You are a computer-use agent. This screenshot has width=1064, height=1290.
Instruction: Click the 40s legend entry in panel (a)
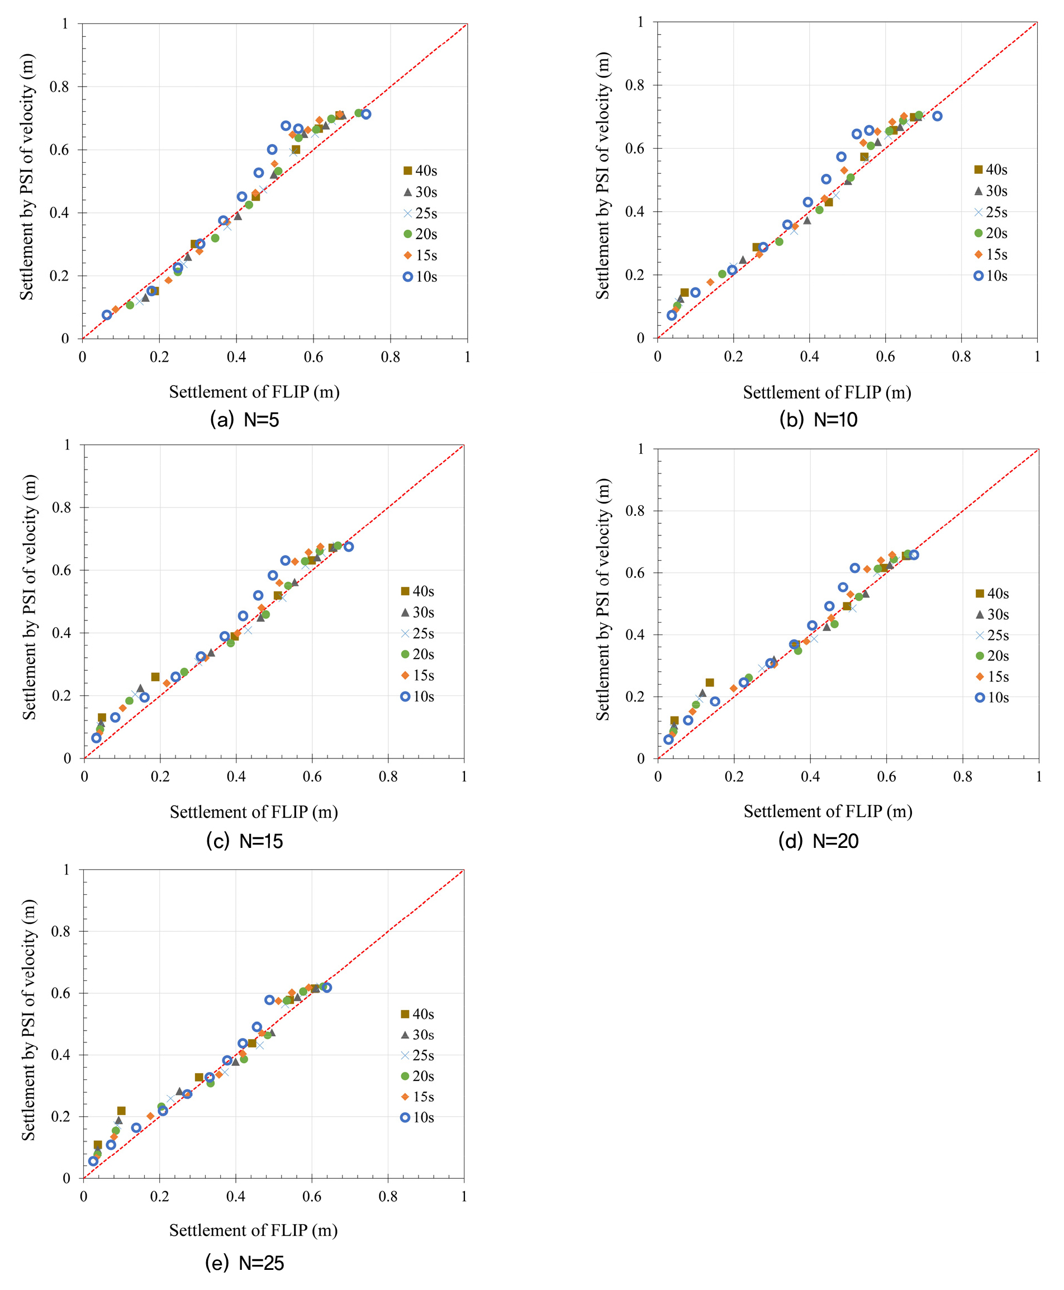420,170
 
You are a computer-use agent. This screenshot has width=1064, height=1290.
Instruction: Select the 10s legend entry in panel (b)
990,276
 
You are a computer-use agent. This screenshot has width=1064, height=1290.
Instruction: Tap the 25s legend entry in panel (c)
417,633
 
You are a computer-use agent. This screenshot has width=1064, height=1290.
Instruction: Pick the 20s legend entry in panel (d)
992,656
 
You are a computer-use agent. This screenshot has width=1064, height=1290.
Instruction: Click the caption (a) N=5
245,420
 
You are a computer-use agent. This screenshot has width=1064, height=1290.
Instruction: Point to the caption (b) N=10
818,420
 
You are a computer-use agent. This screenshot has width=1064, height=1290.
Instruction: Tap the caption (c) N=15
245,841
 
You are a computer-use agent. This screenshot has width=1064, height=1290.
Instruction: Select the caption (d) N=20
818,841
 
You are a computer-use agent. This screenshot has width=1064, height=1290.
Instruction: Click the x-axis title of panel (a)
254,392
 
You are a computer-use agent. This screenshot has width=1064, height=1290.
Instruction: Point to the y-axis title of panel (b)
603,176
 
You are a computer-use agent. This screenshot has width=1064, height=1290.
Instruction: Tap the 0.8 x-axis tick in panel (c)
388,777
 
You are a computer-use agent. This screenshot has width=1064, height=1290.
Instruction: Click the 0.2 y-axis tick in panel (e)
61,1117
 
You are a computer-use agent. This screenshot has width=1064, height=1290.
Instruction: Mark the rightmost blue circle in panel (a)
366,114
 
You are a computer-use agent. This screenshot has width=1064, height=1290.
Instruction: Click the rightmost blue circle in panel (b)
937,116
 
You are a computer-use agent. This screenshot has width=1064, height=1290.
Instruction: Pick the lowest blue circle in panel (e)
93,1161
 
